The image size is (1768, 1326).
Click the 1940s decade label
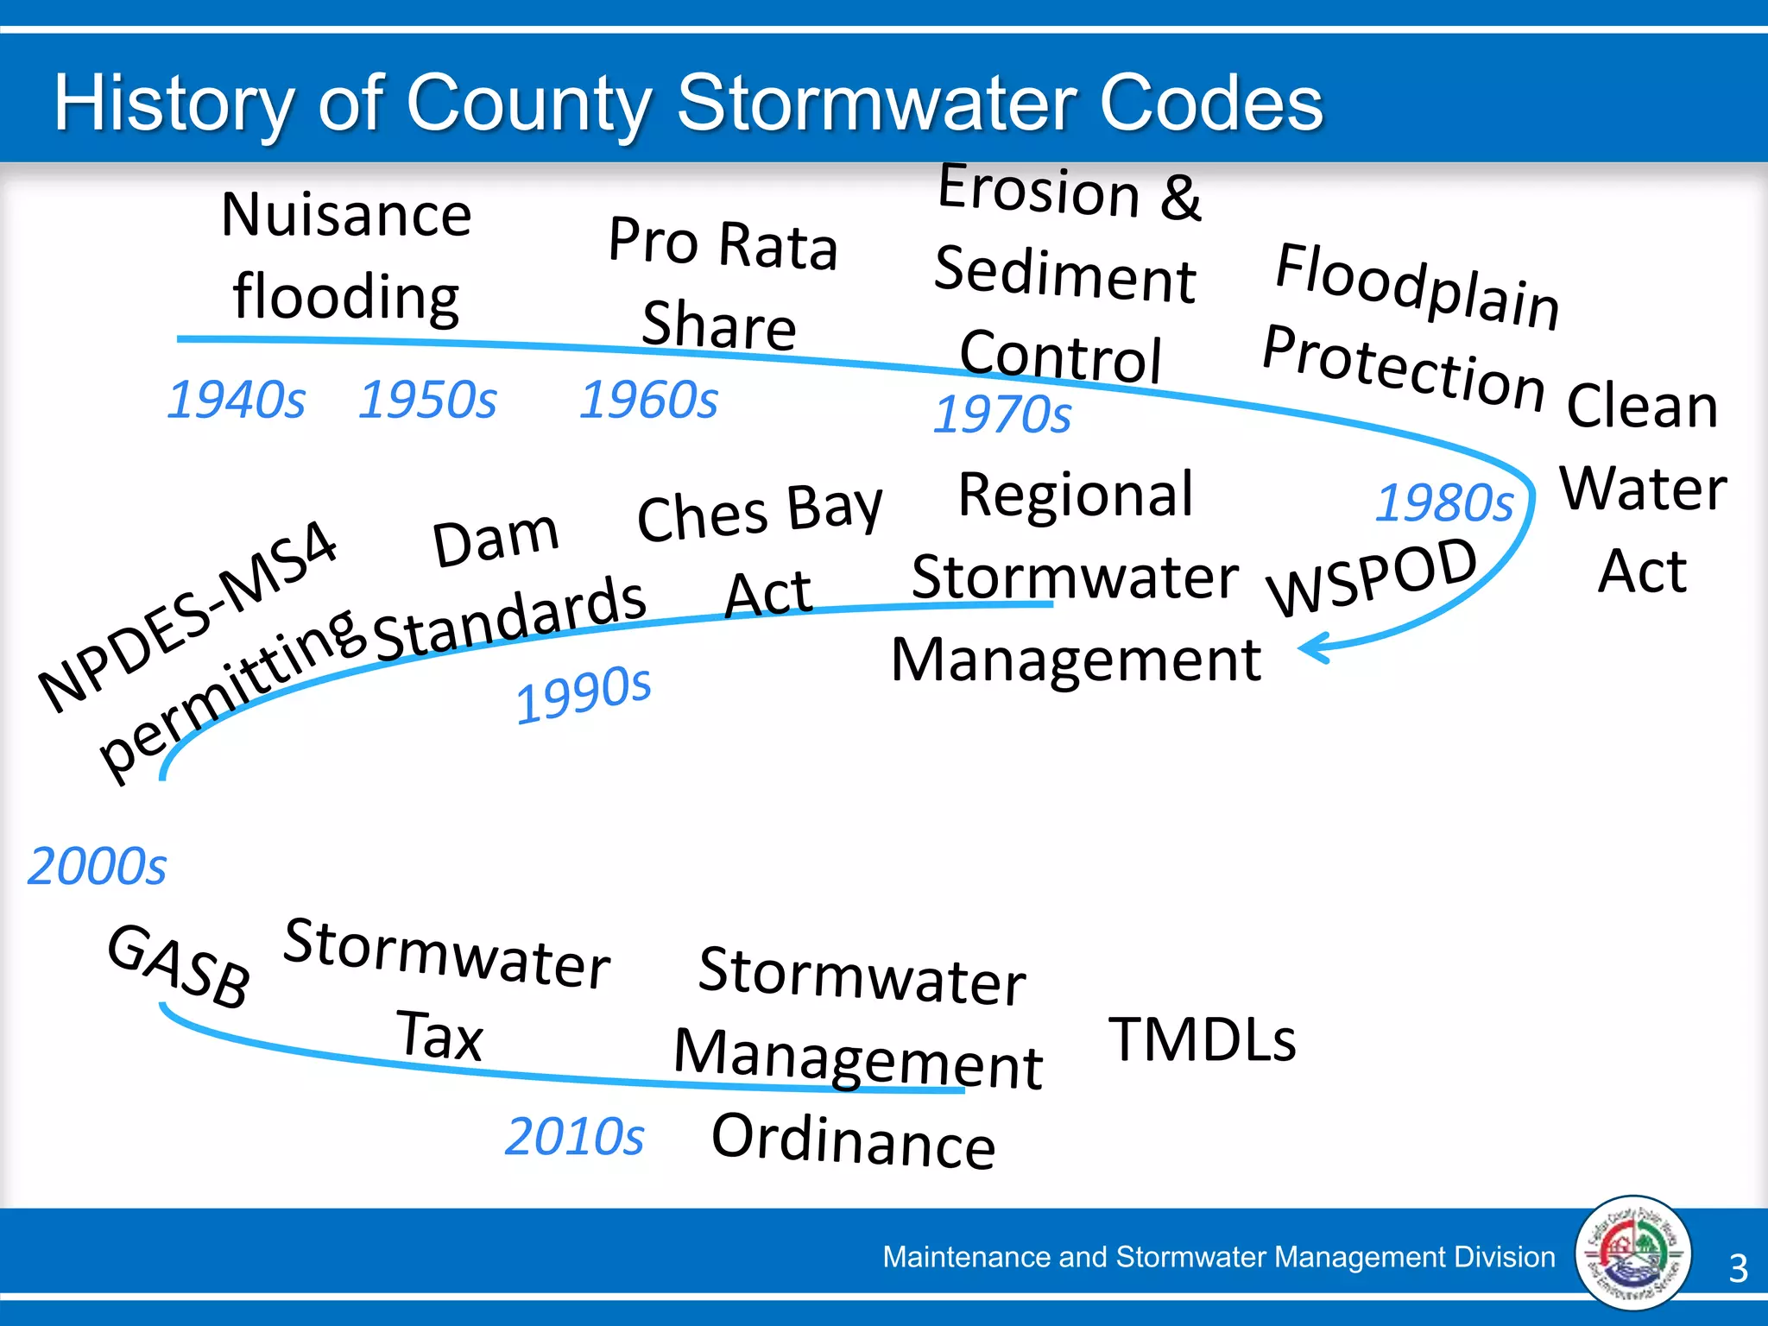tap(236, 400)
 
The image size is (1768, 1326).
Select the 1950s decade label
tap(427, 400)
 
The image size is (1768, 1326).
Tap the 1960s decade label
tap(648, 400)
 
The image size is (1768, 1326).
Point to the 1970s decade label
tap(1002, 414)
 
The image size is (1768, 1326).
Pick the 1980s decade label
tap(1444, 502)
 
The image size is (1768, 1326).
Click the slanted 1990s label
tap(584, 695)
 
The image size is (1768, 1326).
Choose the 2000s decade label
tap(97, 866)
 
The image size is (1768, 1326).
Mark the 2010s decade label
tap(574, 1136)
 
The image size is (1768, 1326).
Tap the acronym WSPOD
tap(1373, 576)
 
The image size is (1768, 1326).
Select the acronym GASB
tap(180, 965)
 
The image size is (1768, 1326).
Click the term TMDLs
tap(1202, 1039)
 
